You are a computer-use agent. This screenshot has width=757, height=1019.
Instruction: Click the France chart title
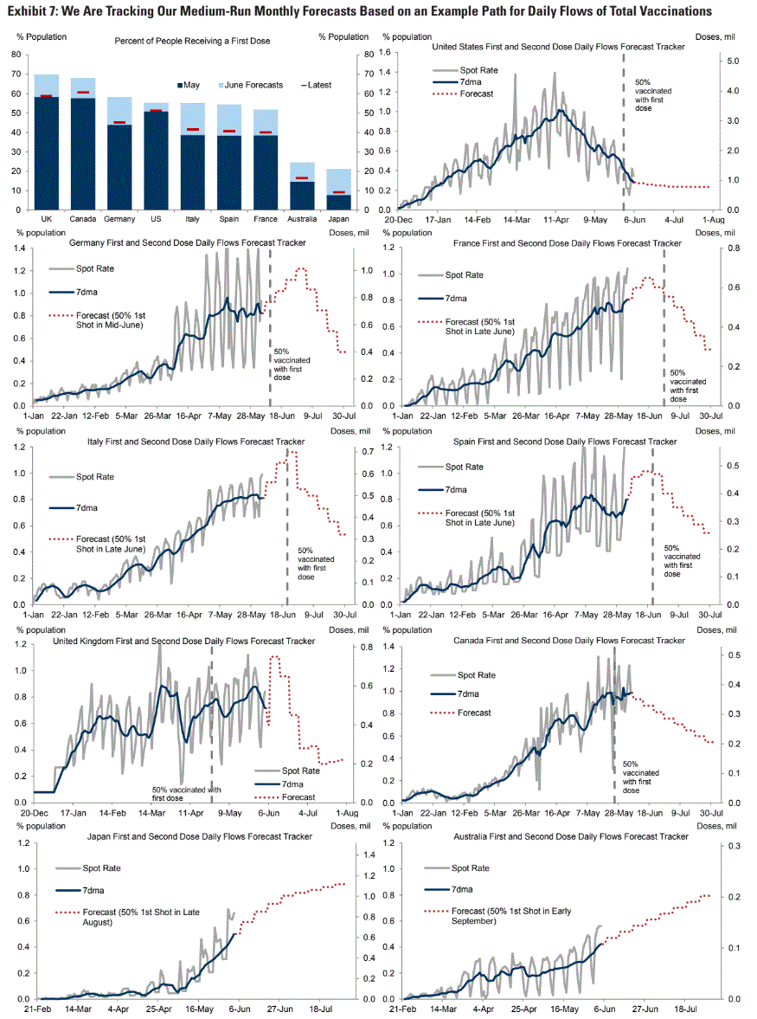(x=567, y=243)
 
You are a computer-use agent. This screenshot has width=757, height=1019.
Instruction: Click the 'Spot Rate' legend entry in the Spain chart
(x=463, y=467)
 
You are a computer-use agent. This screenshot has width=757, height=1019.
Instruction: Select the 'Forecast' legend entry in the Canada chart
(x=472, y=713)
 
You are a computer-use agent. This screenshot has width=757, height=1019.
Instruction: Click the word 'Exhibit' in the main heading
(x=24, y=11)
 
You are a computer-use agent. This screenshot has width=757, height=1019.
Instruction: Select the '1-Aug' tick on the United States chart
(x=699, y=219)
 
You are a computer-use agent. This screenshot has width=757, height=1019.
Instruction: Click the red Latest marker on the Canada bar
(x=83, y=92)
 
